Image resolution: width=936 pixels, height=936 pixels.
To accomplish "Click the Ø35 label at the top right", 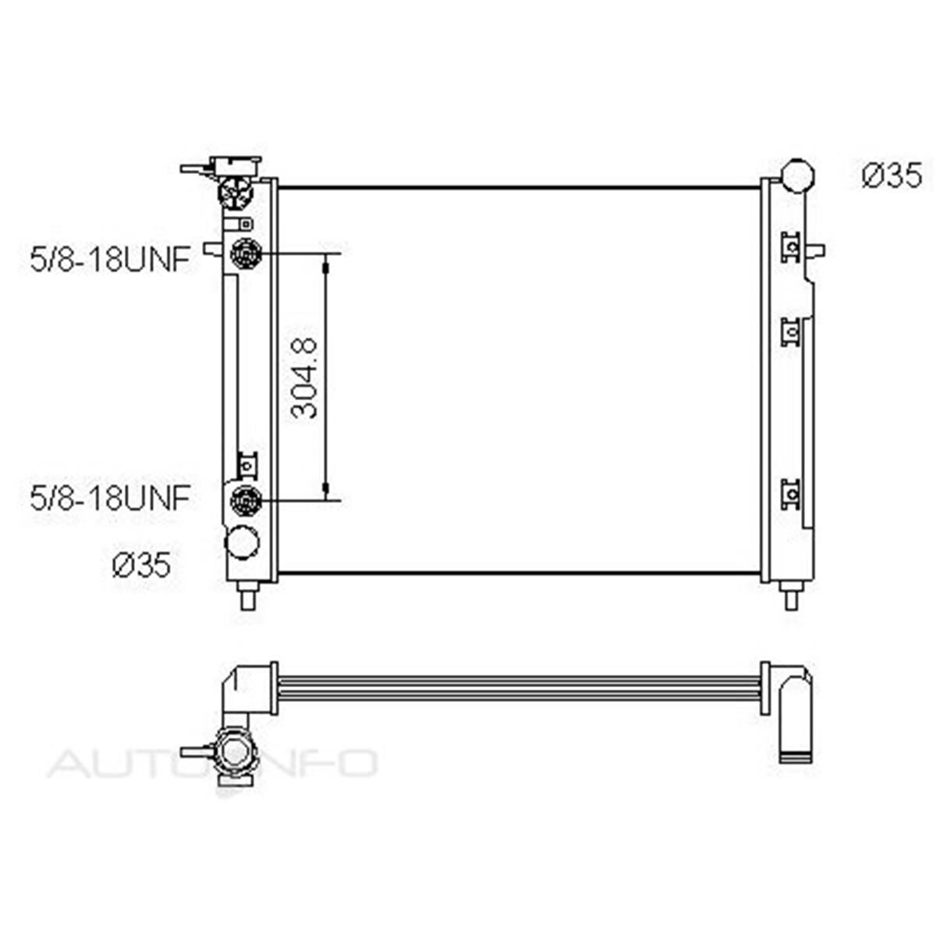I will tap(892, 175).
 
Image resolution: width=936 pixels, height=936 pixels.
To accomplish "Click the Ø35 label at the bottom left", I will tap(141, 564).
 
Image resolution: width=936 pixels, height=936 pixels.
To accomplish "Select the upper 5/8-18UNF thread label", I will tap(110, 260).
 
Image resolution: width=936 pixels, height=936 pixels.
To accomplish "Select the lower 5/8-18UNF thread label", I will tap(110, 498).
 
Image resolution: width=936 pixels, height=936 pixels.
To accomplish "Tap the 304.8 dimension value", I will tap(305, 378).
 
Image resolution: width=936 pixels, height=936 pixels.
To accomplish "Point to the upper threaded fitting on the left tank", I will tap(246, 253).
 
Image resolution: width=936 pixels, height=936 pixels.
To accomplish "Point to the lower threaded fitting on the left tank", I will tap(246, 498).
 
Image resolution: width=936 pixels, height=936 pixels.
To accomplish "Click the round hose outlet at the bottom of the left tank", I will tap(242, 542).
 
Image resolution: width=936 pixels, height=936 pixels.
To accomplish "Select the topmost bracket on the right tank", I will tap(791, 247).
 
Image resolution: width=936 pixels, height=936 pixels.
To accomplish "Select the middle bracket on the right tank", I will tap(791, 331).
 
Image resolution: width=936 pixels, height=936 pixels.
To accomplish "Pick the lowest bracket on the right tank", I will tap(791, 494).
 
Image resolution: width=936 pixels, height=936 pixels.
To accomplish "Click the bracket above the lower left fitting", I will tap(247, 466).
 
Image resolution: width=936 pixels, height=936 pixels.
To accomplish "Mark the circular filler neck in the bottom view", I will tap(236, 753).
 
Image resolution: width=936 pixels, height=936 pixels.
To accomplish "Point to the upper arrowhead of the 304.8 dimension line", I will tap(326, 265).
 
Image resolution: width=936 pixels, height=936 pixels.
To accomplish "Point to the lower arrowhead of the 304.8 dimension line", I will tap(326, 489).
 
